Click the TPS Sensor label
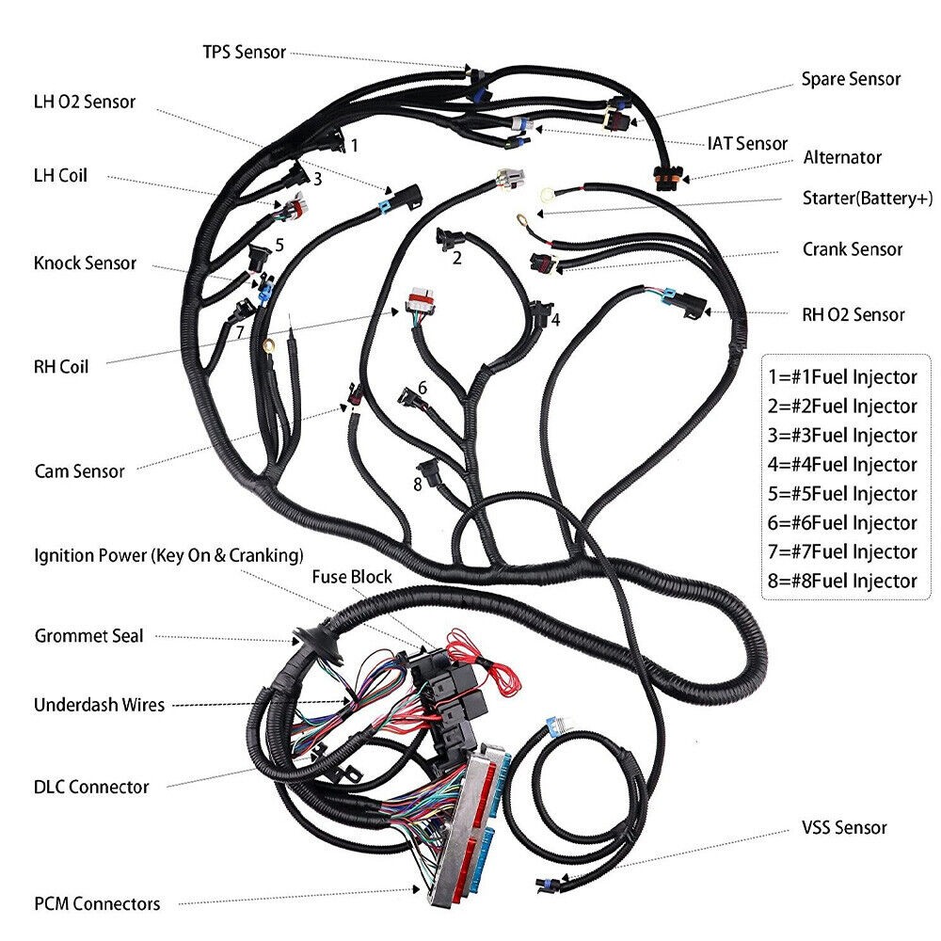click(x=244, y=52)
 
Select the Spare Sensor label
click(x=851, y=79)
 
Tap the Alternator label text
click(x=842, y=157)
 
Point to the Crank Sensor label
click(x=852, y=249)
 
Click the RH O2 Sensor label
click(x=853, y=314)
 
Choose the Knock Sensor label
click(x=85, y=263)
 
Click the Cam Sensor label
click(x=79, y=470)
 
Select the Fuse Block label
click(x=352, y=576)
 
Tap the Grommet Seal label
click(x=88, y=636)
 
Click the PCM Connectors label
click(x=97, y=904)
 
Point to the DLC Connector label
click(x=91, y=787)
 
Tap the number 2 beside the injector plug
click(x=457, y=258)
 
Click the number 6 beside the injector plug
click(x=423, y=387)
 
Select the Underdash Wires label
click(x=99, y=705)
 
